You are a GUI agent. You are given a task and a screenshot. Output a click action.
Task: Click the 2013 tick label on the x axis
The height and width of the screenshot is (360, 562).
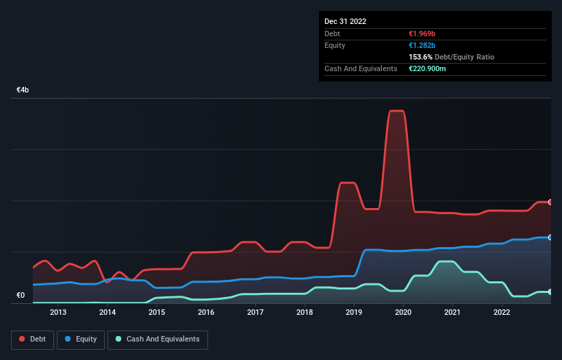coord(58,313)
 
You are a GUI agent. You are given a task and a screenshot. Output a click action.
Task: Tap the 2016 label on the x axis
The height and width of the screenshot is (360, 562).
coord(206,313)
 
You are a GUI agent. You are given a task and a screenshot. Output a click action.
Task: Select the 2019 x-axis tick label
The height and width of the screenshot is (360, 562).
coord(354,313)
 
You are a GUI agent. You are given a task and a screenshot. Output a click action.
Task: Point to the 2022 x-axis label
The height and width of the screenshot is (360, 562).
coord(502,313)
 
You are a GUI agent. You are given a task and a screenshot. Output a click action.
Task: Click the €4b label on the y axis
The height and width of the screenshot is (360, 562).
coord(23,90)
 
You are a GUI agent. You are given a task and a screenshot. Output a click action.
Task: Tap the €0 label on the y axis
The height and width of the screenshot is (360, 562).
coord(21,296)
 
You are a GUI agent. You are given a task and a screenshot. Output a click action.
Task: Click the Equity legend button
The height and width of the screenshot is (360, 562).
coord(81,339)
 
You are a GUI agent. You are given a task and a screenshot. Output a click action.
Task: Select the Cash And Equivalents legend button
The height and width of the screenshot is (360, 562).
coord(157,339)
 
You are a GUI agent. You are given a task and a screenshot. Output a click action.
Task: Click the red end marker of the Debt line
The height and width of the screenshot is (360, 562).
coord(550,202)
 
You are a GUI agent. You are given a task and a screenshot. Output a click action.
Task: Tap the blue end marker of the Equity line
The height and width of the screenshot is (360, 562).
coord(550,237)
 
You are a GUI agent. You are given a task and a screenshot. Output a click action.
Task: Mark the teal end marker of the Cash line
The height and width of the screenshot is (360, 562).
coord(550,292)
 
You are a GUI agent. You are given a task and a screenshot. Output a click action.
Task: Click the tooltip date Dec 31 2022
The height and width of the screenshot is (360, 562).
coord(346,21)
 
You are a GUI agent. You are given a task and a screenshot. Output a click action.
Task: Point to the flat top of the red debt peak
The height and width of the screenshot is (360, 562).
coord(396,111)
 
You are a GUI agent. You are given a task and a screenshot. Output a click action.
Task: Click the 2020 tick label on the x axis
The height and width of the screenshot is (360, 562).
coord(403,313)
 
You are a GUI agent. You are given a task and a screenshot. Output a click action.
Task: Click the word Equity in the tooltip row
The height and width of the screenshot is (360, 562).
coord(335,45)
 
